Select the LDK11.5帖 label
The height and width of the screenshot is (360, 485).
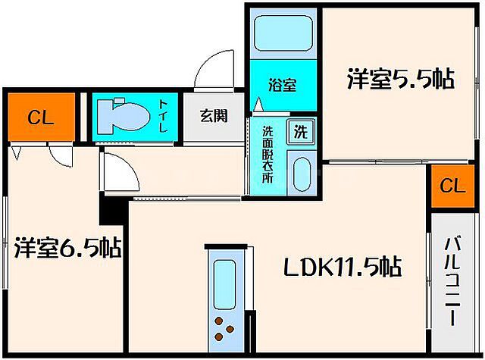click(342, 267)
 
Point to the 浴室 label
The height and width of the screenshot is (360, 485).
click(283, 86)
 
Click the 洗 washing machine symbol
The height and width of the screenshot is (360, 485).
click(301, 132)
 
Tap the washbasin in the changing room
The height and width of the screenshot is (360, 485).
click(301, 175)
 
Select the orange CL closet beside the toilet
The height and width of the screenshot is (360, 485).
click(39, 117)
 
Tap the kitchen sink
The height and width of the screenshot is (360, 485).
click(224, 282)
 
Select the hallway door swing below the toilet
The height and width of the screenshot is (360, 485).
click(121, 172)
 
